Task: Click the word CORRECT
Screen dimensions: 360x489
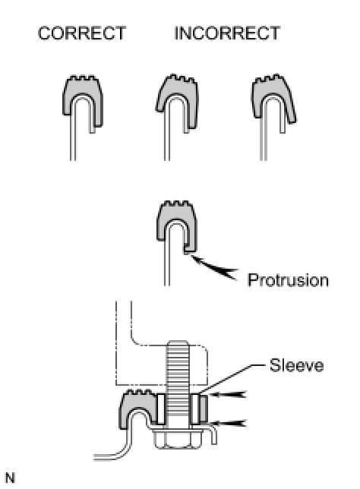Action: point(82,33)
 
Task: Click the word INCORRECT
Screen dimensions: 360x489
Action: point(227,33)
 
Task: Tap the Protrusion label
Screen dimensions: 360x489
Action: point(288,280)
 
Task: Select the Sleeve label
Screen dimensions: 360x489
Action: point(296,365)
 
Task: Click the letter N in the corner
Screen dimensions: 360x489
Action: point(10,478)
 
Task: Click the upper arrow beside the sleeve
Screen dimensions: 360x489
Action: point(227,395)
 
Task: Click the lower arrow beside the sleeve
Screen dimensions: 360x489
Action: point(227,423)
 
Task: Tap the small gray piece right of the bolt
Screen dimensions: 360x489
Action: point(204,408)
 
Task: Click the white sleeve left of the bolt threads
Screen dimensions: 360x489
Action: point(161,409)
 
